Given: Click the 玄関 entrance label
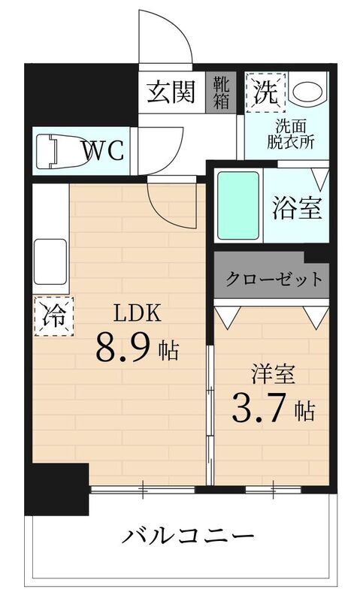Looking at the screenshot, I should [171, 92].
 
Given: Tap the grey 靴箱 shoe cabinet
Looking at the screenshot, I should [221, 92].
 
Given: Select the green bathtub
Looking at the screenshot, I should [238, 204].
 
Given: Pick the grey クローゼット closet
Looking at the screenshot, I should [271, 279].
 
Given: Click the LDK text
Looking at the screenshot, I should [138, 313].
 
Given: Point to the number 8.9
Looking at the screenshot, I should [123, 347].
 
